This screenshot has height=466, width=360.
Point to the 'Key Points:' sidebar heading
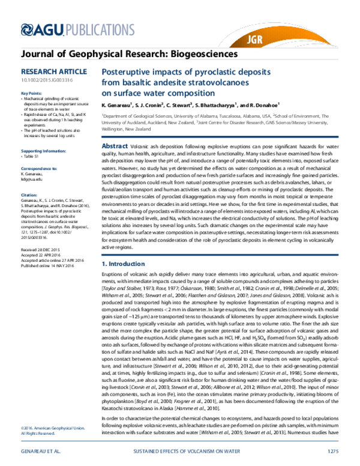[x=32, y=94]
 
